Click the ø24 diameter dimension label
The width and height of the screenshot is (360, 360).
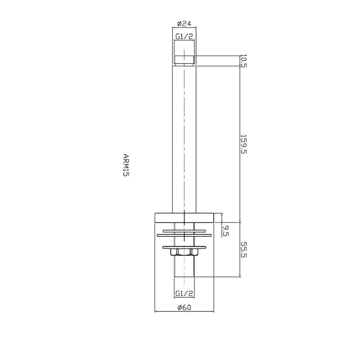tap(184, 23)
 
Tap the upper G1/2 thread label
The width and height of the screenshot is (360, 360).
tap(184, 36)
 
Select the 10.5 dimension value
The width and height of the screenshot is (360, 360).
tap(243, 61)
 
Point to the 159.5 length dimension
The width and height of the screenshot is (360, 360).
tap(243, 144)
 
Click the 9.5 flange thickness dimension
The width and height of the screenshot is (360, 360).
tap(226, 231)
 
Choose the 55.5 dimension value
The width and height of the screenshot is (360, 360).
tap(243, 250)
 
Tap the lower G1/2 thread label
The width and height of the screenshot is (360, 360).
tap(184, 293)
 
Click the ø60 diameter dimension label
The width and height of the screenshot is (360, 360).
tap(184, 307)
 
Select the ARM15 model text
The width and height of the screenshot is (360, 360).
tap(126, 165)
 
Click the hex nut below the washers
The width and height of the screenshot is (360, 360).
tap(184, 252)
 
